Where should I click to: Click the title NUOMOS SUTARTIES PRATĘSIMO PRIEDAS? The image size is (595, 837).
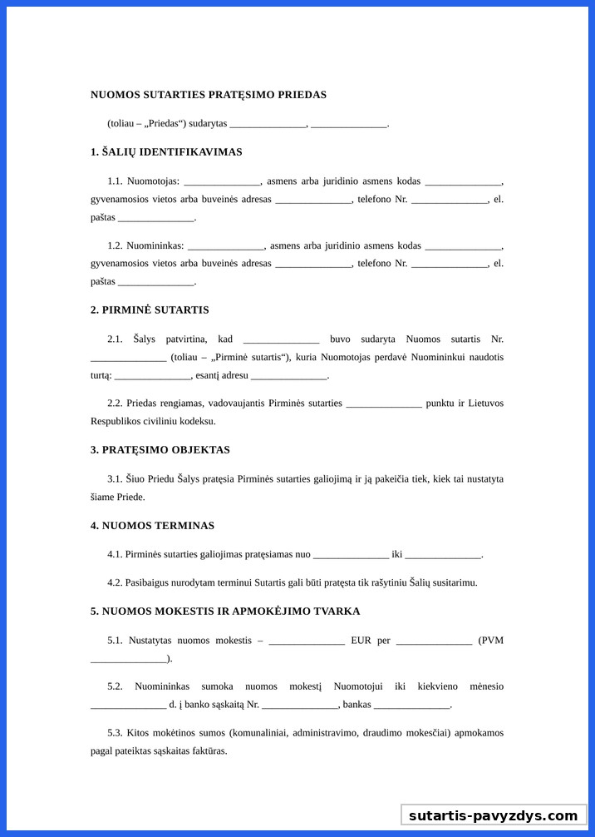pos(208,95)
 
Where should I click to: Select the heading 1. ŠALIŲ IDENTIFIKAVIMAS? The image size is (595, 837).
pos(166,152)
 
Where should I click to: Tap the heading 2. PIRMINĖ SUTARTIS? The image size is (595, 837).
pos(150,310)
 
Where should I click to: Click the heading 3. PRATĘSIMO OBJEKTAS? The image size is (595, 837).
pos(160,450)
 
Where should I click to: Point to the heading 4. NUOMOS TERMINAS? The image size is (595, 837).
pos(152,526)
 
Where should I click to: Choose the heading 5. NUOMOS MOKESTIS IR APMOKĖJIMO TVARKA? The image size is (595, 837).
pos(225,612)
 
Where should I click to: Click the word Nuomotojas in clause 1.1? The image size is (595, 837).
pos(153,181)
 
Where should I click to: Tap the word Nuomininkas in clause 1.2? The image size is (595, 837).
pos(155,246)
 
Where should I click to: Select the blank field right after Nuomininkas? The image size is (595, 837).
pos(226,246)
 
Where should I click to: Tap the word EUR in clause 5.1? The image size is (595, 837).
pos(361,641)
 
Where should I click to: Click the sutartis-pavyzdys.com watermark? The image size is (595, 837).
pos(493,815)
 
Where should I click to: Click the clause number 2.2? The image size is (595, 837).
pos(115,404)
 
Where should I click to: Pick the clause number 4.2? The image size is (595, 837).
pos(115,582)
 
